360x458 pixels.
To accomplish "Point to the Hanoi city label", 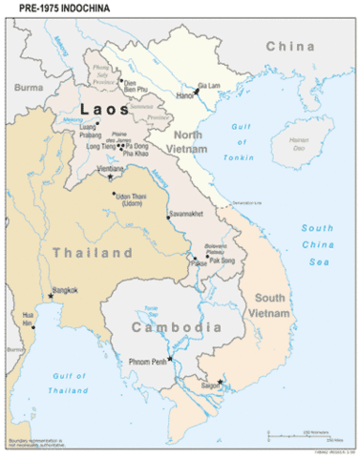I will point(185,96).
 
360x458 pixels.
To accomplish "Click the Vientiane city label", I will point(113,168).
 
